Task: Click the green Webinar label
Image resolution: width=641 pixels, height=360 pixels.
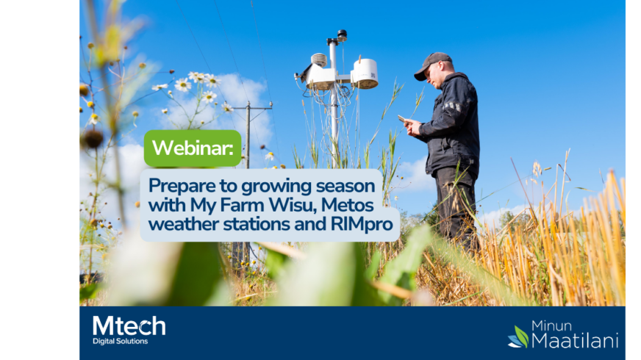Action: pos(193,148)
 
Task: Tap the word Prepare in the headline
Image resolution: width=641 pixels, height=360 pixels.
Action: pos(182,187)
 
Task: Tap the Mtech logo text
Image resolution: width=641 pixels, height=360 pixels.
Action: pos(129,326)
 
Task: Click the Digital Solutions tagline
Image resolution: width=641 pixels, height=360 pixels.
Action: pos(121,341)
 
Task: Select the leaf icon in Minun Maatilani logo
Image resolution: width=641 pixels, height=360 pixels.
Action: pos(519,337)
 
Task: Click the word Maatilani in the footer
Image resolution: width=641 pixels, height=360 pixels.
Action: pos(575,340)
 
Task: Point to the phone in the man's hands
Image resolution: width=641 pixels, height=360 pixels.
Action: pos(402,118)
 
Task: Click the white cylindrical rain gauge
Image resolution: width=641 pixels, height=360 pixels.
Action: pos(365,73)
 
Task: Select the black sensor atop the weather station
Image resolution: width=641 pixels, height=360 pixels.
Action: pos(342,34)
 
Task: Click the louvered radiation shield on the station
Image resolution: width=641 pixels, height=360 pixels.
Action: pos(319,60)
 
